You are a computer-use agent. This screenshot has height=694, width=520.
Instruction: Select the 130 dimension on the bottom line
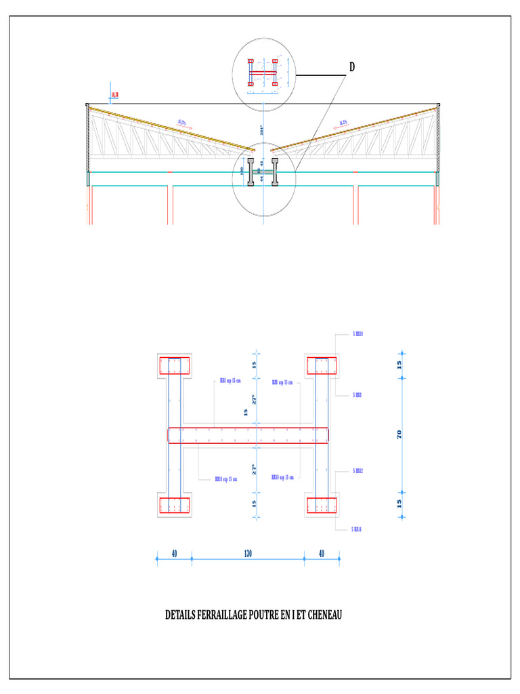coord(248,553)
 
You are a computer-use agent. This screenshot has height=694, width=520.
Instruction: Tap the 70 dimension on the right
coord(399,434)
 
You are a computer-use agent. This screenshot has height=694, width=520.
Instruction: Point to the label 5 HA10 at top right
coord(358,334)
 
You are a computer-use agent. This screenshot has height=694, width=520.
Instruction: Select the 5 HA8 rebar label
coord(357,394)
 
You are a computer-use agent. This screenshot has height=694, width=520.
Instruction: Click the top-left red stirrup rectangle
coord(175,366)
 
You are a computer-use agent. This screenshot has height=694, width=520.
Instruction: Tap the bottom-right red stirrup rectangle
coord(322,506)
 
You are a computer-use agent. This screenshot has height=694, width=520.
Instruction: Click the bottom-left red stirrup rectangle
coord(175,506)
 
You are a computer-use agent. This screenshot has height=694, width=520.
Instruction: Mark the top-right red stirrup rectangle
coord(322,366)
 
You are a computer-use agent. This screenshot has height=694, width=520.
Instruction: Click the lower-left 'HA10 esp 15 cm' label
coord(226,478)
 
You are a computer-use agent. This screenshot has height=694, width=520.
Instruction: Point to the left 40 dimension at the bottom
coord(174,553)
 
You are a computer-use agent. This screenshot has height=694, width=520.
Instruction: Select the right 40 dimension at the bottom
coord(321,553)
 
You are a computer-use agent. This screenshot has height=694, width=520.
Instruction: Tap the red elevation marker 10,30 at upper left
coord(114,95)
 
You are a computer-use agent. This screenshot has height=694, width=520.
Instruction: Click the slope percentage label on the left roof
coord(183,123)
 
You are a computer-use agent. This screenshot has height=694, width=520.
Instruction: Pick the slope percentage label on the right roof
coord(342,123)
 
